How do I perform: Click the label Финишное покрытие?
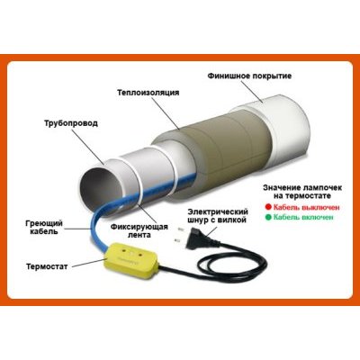(x=249, y=76)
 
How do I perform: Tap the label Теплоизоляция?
(x=148, y=93)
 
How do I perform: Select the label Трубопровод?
(x=71, y=123)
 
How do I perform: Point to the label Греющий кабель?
(x=44, y=228)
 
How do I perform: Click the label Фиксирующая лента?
(x=139, y=230)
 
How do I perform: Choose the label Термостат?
(x=47, y=266)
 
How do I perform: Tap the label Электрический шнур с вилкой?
(x=217, y=216)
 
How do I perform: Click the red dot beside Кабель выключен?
(x=268, y=207)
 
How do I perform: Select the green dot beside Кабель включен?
(x=268, y=217)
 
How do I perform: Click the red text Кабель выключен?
(x=306, y=207)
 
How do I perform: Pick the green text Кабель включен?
(x=303, y=217)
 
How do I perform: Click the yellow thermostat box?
(x=130, y=260)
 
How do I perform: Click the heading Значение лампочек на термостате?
(x=302, y=192)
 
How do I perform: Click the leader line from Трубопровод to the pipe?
(x=88, y=147)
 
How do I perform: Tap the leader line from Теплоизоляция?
(x=166, y=114)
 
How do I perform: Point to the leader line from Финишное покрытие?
(x=251, y=92)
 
